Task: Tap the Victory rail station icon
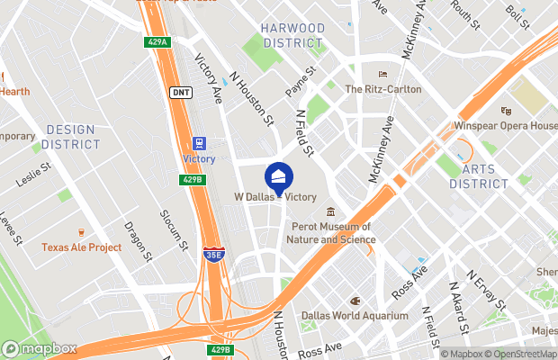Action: tap(198, 143)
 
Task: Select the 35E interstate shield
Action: tap(213, 256)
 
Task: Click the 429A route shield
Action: tap(158, 42)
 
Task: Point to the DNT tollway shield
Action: tap(180, 92)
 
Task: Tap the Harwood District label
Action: tap(292, 35)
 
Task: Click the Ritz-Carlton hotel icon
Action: tap(382, 75)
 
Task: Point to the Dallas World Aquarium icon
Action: tap(355, 301)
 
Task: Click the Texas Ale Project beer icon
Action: tap(81, 232)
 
